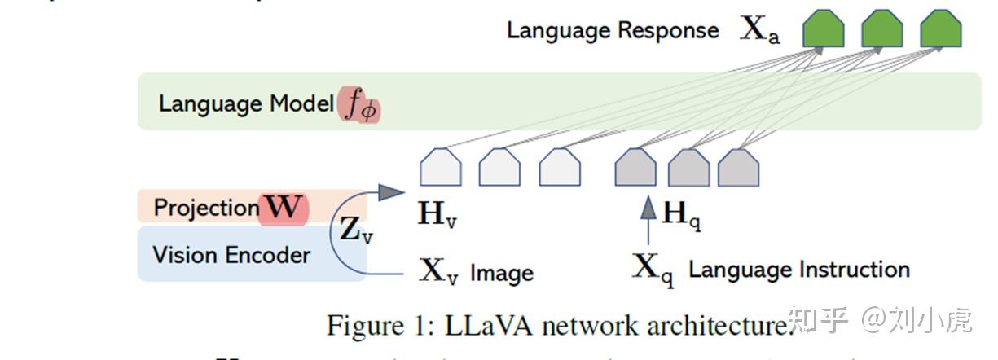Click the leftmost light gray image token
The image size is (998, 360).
coord(441,168)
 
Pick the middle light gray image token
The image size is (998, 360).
coord(499,168)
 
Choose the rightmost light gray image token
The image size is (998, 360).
coord(561,168)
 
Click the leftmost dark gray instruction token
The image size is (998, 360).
coord(635,168)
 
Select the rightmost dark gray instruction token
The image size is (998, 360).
coord(738,168)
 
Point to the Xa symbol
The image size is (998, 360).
coord(759,30)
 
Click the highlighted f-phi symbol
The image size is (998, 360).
coord(359,106)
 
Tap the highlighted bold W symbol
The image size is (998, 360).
coord(284,208)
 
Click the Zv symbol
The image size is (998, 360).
coord(356,231)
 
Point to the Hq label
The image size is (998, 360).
coord(681,215)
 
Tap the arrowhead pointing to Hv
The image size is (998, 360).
coord(391,192)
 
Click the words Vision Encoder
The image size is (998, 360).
coord(231,255)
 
